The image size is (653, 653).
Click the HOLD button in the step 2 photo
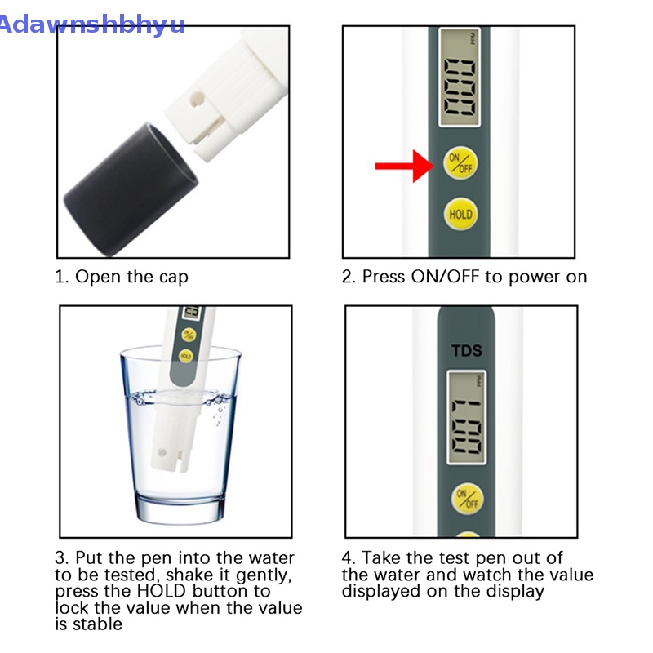460,215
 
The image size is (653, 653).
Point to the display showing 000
459,78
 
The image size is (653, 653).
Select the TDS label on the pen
467,352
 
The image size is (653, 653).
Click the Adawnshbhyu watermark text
91,24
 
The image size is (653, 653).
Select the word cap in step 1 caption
172,277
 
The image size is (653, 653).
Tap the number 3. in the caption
62,558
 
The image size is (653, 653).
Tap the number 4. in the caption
349,558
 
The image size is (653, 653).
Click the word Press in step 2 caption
384,277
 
